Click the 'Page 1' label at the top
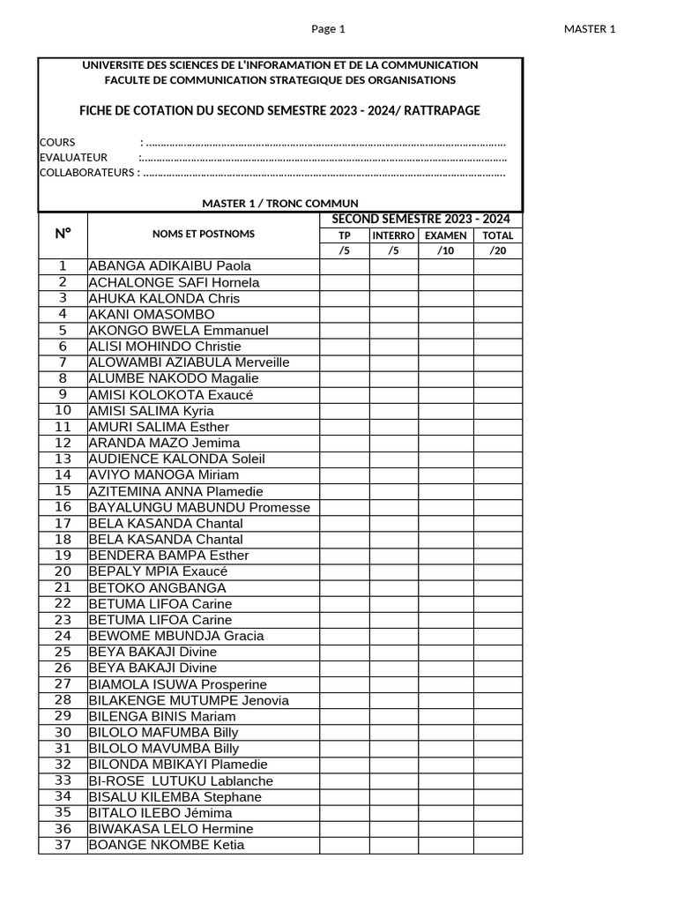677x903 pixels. coord(328,29)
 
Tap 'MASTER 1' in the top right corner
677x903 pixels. coord(589,29)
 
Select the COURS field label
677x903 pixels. coord(57,142)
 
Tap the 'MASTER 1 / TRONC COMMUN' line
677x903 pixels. coord(280,203)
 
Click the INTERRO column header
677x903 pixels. coord(393,235)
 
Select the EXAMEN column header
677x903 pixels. coord(446,235)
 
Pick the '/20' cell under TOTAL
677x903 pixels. coord(497,250)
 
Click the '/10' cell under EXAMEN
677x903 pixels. coord(446,250)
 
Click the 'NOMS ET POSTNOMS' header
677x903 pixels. coord(203,234)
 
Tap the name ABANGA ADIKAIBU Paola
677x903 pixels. coord(169,265)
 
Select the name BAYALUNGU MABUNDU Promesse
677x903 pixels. coord(199,507)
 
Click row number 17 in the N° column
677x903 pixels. coord(63,523)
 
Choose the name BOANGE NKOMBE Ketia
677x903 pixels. coord(167,845)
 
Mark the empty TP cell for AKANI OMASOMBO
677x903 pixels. coord(344,314)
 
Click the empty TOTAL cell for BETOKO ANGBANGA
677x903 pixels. coord(497,587)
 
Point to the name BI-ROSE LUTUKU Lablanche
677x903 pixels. coord(181,780)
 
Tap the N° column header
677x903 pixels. coord(63,234)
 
